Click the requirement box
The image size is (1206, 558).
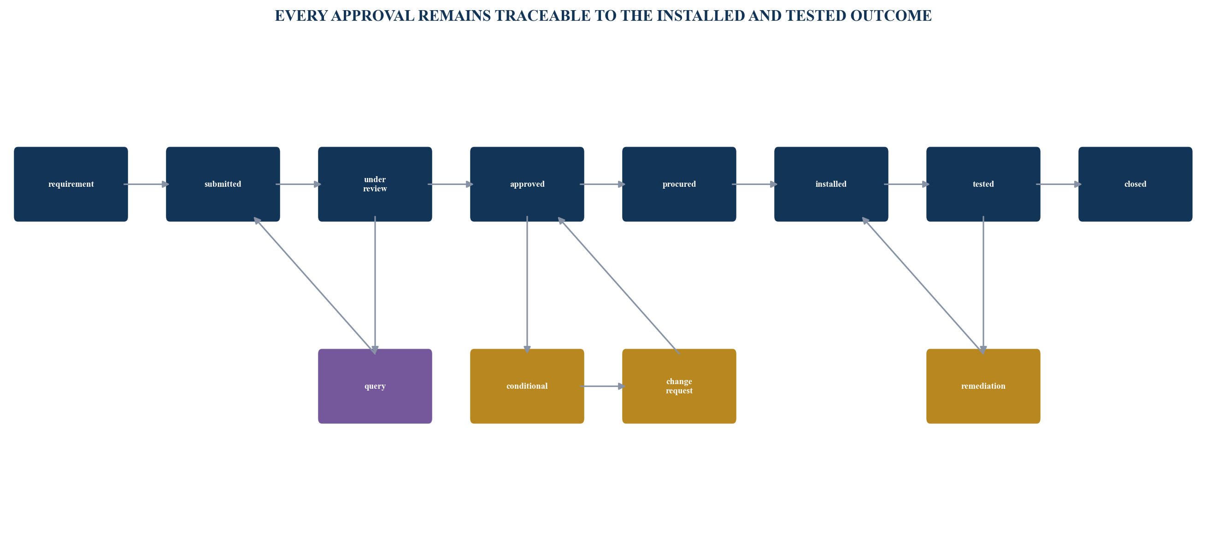pyautogui.click(x=71, y=184)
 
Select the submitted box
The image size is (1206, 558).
pyautogui.click(x=223, y=184)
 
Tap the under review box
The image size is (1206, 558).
pyautogui.click(x=375, y=184)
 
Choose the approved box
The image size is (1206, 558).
pyautogui.click(x=527, y=184)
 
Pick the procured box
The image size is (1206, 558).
pyautogui.click(x=679, y=184)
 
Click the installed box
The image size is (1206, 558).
pyautogui.click(x=831, y=184)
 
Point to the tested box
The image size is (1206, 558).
pyautogui.click(x=983, y=184)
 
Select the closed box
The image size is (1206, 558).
pyautogui.click(x=1135, y=184)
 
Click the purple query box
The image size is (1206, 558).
pyautogui.click(x=375, y=386)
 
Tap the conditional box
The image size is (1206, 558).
pyautogui.click(x=527, y=386)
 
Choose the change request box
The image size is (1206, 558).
pyautogui.click(x=679, y=386)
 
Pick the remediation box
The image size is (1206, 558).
pyautogui.click(x=983, y=386)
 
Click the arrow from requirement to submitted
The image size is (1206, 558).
pyautogui.click(x=147, y=184)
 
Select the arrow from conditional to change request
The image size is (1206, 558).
pyautogui.click(x=602, y=386)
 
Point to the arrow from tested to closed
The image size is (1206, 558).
pyautogui.click(x=1059, y=184)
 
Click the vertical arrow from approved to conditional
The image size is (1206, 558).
pyautogui.click(x=527, y=285)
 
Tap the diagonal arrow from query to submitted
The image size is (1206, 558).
pyautogui.click(x=314, y=285)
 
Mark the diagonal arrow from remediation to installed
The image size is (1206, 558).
pyautogui.click(x=922, y=285)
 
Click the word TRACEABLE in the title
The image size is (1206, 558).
pyautogui.click(x=542, y=16)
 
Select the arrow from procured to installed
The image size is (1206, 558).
pyautogui.click(x=755, y=184)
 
